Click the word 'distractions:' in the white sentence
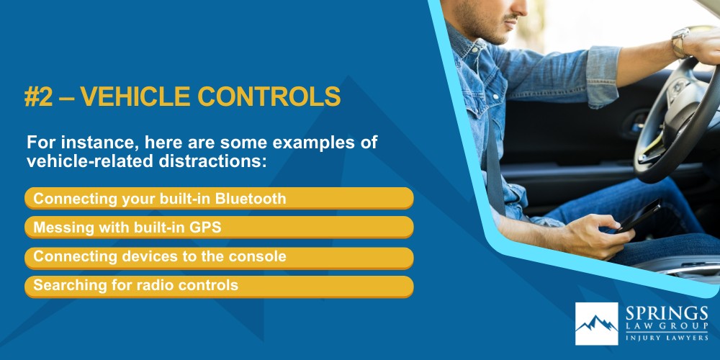pos(215,162)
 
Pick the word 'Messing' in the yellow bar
pos(60,227)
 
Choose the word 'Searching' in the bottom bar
pos(66,285)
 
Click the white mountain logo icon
pos(596,324)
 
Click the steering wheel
pos(677,122)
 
